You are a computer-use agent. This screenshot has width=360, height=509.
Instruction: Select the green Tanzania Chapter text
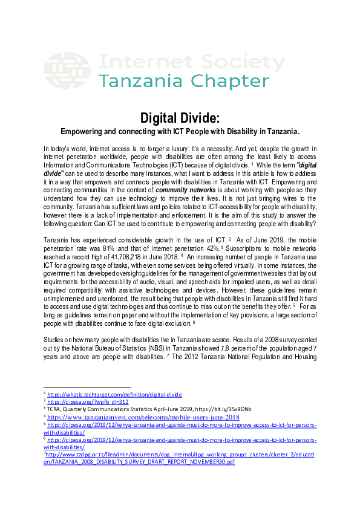pos(184,82)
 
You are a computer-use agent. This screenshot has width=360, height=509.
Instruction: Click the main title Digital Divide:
pos(180,117)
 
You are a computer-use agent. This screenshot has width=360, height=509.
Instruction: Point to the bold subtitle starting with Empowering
pos(180,131)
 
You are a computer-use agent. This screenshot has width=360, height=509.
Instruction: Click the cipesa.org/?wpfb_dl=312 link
pos(88,401)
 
